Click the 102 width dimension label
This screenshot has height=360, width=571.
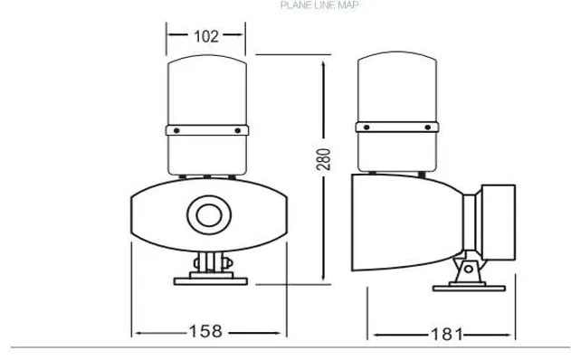(x=206, y=37)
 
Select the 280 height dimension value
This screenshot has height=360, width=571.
(x=326, y=160)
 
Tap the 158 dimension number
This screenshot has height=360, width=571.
(x=206, y=331)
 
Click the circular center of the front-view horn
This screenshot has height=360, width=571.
(x=207, y=215)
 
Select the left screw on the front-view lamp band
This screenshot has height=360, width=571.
(x=176, y=132)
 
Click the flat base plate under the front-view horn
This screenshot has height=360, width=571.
(x=207, y=277)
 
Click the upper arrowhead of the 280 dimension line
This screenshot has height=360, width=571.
(x=326, y=59)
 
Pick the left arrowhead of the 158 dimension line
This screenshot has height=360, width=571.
(x=137, y=332)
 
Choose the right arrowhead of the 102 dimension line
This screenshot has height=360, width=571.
(x=243, y=37)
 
